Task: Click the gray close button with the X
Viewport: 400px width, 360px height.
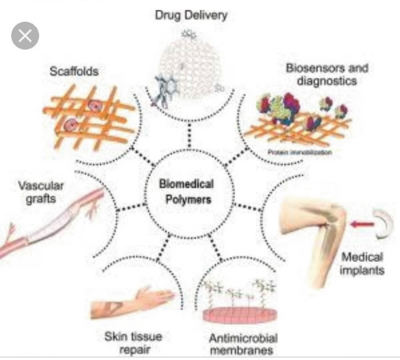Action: [x=25, y=36]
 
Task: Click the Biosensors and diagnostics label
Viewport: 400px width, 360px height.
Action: [x=326, y=75]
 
